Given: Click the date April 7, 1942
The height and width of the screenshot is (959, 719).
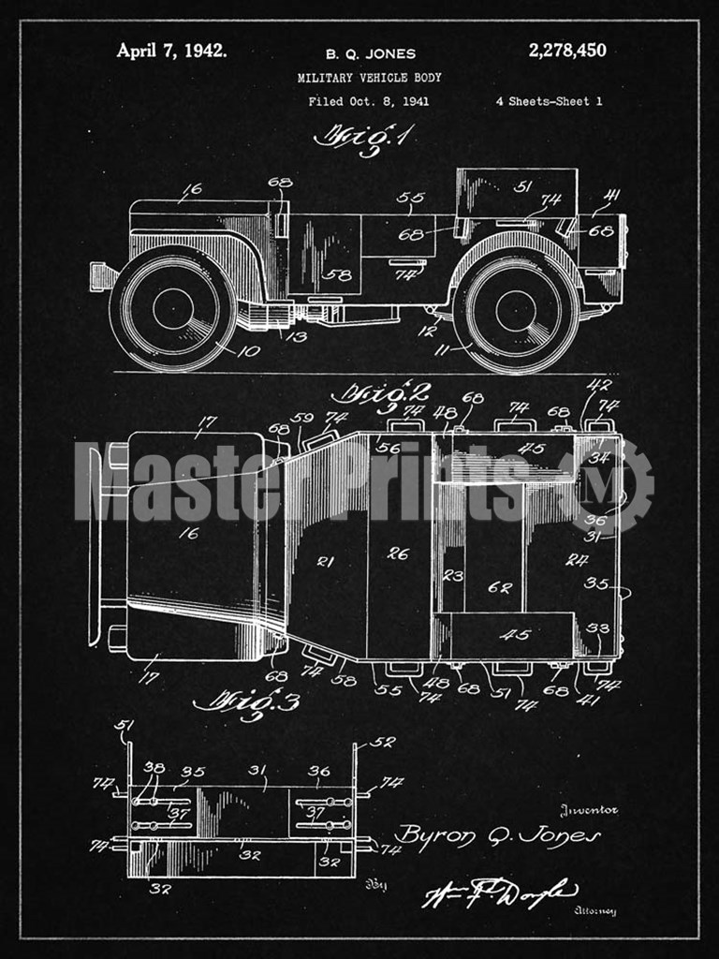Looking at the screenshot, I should pos(170,51).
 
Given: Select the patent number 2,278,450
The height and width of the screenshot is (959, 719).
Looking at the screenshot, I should pos(567,51).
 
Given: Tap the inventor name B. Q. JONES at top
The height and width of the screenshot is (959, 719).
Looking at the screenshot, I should pos(370,53).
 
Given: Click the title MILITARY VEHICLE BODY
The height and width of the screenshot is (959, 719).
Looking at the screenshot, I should pos(369,78).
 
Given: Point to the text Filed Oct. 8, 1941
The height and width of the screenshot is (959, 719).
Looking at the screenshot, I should pos(369,101).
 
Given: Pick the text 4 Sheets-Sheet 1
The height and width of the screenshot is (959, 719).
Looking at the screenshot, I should pos(550,101).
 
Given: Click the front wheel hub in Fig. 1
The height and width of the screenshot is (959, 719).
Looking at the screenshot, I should pos(173,308).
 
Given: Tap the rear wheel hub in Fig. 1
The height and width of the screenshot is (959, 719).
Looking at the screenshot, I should pos(516,311).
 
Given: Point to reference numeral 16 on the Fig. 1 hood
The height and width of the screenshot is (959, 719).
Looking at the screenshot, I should pos(191,189).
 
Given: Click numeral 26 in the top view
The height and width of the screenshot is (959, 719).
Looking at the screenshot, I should pos(398,554).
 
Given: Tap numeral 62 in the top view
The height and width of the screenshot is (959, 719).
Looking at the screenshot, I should pos(500,588).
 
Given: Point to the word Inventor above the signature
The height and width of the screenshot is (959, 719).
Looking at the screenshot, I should pos(589,811).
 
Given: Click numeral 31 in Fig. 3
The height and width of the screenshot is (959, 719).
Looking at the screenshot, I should pos(255,771).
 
